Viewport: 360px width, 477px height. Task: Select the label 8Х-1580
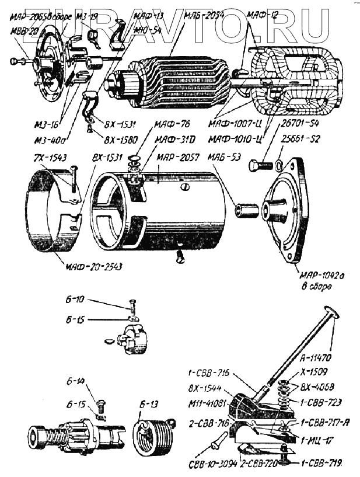pyautogui.click(x=120, y=140)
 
